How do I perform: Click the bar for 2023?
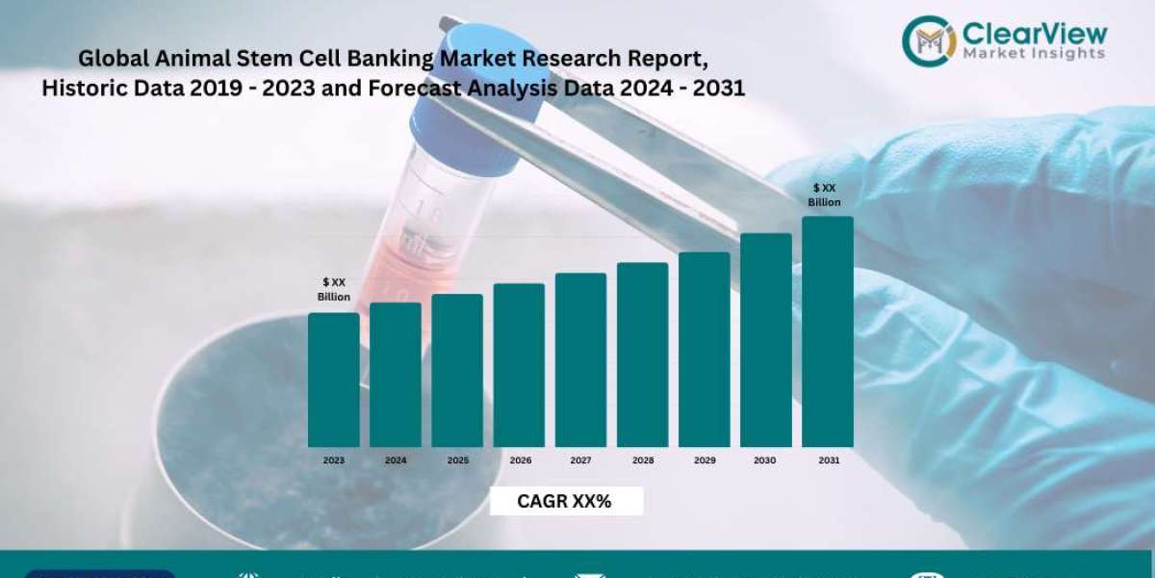click(333, 380)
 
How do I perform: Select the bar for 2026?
click(519, 365)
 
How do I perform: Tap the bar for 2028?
click(642, 355)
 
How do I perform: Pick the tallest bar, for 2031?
click(828, 331)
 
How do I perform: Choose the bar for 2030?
click(766, 340)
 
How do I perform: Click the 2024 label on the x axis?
click(396, 460)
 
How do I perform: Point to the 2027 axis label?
click(580, 460)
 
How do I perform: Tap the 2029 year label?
click(705, 460)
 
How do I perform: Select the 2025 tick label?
click(458, 460)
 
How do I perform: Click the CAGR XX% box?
click(565, 501)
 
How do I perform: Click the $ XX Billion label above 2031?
click(825, 195)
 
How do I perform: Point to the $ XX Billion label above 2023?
click(334, 289)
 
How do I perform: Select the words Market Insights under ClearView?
click(1035, 54)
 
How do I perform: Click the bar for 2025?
click(457, 370)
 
